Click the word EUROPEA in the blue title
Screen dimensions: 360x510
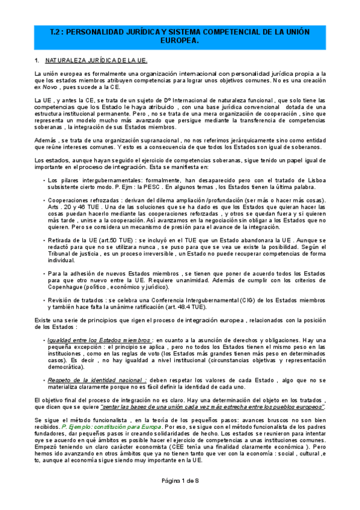pos(180,41)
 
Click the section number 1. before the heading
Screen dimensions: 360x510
pos(37,61)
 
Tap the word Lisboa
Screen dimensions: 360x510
pos(312,180)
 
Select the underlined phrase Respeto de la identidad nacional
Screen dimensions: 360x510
pos(97,381)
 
